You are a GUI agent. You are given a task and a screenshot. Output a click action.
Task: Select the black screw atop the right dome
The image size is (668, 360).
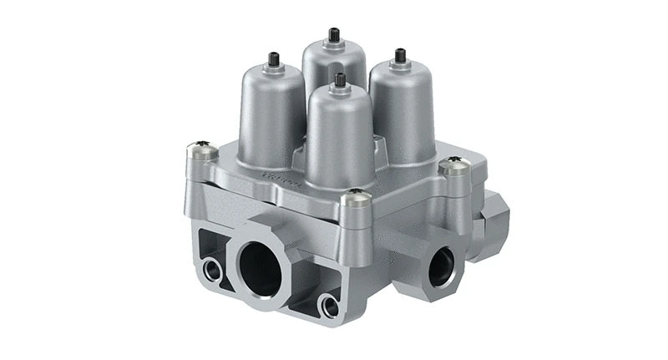[x=400, y=56]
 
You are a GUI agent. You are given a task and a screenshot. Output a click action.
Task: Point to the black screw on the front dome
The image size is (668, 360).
[x=340, y=80]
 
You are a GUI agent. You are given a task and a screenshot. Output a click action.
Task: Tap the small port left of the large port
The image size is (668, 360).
[x=210, y=269]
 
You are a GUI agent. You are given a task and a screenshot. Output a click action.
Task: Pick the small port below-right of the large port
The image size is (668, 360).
[x=331, y=306]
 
